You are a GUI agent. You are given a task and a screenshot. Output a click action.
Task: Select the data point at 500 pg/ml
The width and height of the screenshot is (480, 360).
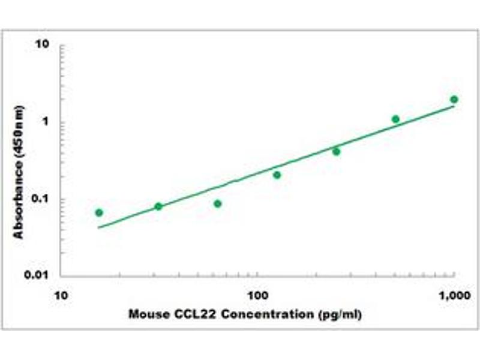[x=395, y=119]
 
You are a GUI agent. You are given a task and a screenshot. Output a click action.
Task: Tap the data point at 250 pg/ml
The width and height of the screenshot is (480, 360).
[x=336, y=151]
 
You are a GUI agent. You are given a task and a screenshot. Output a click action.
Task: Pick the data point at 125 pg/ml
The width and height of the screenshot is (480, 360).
[x=277, y=175]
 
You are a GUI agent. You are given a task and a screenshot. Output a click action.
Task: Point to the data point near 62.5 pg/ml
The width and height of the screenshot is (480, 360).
[x=218, y=203]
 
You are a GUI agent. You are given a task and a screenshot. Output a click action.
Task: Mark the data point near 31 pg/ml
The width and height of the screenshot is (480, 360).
[x=158, y=206]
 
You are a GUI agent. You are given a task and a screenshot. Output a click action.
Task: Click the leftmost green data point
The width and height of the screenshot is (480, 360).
[x=99, y=212]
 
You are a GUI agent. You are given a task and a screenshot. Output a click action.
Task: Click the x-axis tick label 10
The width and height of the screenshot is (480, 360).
[x=60, y=295]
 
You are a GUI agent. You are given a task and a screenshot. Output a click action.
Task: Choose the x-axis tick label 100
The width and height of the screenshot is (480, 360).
[x=257, y=295]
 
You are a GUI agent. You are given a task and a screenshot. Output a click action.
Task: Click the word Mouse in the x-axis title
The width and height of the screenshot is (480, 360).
[x=147, y=314]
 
